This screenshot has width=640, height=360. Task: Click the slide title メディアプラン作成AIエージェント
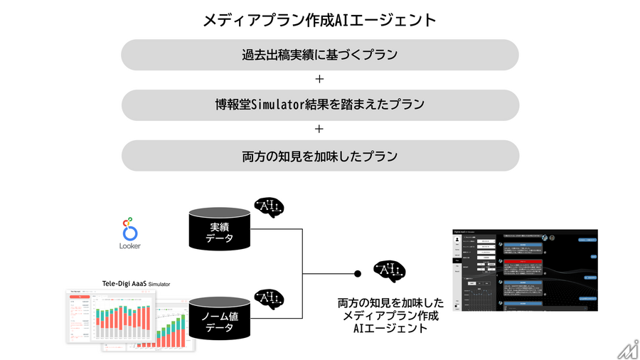coord(319,20)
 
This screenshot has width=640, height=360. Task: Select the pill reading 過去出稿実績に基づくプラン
coord(319,55)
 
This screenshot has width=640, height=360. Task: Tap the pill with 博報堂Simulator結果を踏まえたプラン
coord(319,105)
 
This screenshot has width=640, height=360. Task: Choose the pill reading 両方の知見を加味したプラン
coord(319,155)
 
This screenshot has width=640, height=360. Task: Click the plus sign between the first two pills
coord(319,80)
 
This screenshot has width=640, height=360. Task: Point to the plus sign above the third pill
coord(319,129)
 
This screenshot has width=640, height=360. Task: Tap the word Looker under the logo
coord(130,246)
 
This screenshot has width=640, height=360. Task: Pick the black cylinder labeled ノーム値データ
coord(219,317)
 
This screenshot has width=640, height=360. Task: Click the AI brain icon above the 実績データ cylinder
coord(270,208)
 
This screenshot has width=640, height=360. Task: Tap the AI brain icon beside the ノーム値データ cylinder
coord(270,299)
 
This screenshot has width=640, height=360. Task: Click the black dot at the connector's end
coord(358,274)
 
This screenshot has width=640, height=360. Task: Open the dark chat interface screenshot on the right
coord(525,270)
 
